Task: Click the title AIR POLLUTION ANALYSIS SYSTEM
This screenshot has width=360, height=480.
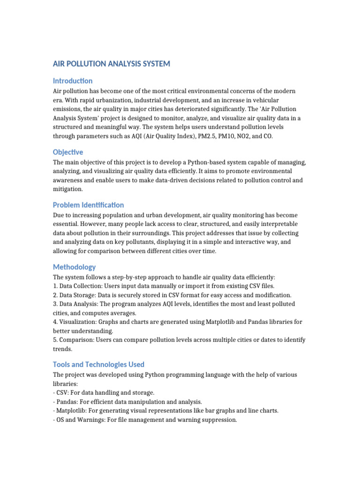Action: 112,63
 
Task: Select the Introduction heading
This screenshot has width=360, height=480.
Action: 73,81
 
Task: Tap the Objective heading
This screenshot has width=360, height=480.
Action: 68,152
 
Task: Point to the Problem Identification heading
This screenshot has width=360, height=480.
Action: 88,205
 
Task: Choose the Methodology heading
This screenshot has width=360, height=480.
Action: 75,267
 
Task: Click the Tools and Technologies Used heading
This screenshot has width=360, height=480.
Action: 98,364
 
